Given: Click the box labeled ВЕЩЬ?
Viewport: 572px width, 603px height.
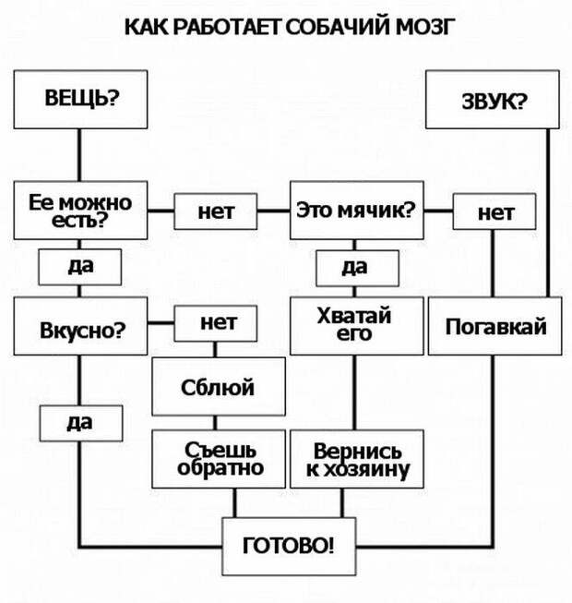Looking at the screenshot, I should pos(80,98).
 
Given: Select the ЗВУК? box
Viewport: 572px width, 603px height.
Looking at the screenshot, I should pos(494,100).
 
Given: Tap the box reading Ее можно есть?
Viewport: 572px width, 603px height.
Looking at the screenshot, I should pos(80,211).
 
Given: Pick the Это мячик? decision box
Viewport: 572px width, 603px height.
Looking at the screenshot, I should pos(356,211).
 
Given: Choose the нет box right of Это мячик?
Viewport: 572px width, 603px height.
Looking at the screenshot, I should pos(495,212).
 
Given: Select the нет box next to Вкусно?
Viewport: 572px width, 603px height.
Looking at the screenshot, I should pos(216,323).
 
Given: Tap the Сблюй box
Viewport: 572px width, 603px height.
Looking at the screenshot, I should pos(217,388).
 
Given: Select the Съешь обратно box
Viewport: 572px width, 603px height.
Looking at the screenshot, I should pos(218,457).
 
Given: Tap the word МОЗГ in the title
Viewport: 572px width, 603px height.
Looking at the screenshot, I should pos(403,26).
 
